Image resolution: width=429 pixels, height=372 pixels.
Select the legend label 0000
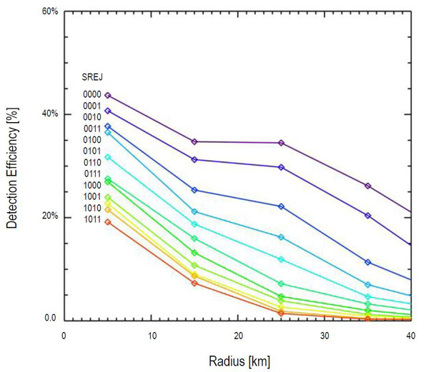click(x=92, y=94)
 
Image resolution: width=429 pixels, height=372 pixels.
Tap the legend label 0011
click(x=92, y=129)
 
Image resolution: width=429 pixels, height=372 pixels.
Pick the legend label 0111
click(x=92, y=174)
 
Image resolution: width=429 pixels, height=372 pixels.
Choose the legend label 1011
click(x=92, y=218)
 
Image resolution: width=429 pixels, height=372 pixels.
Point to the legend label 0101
click(x=92, y=151)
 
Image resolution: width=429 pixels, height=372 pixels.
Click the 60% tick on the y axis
click(x=51, y=12)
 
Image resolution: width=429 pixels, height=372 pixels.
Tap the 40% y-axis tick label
click(x=51, y=114)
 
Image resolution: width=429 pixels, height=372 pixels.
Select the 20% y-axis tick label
click(x=51, y=216)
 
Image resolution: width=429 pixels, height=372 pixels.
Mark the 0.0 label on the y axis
click(x=51, y=318)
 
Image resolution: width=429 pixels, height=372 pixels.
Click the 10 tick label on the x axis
click(x=151, y=336)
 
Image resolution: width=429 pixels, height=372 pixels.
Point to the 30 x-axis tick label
click(x=325, y=336)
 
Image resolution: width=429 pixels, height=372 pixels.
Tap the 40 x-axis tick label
click(x=411, y=336)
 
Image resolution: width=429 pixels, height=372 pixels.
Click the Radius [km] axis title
click(x=237, y=361)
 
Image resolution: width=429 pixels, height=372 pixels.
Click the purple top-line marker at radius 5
click(x=108, y=95)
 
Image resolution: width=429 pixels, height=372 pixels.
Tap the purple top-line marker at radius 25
click(x=281, y=143)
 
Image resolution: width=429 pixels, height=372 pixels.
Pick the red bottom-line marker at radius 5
click(x=108, y=221)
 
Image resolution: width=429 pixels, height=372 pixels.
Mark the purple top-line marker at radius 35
click(x=368, y=186)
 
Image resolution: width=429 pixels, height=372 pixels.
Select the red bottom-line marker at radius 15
click(x=194, y=283)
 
